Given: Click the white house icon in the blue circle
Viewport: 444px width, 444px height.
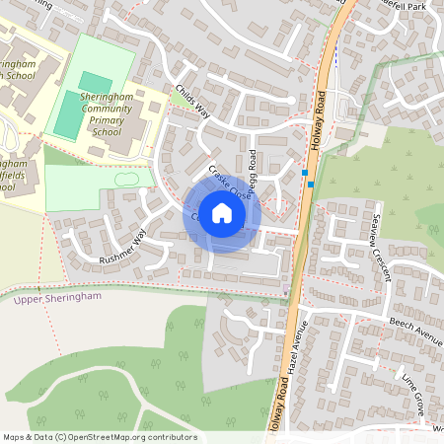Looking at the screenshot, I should (222, 213).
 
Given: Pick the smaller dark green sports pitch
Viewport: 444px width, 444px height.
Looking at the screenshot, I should (96, 81).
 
